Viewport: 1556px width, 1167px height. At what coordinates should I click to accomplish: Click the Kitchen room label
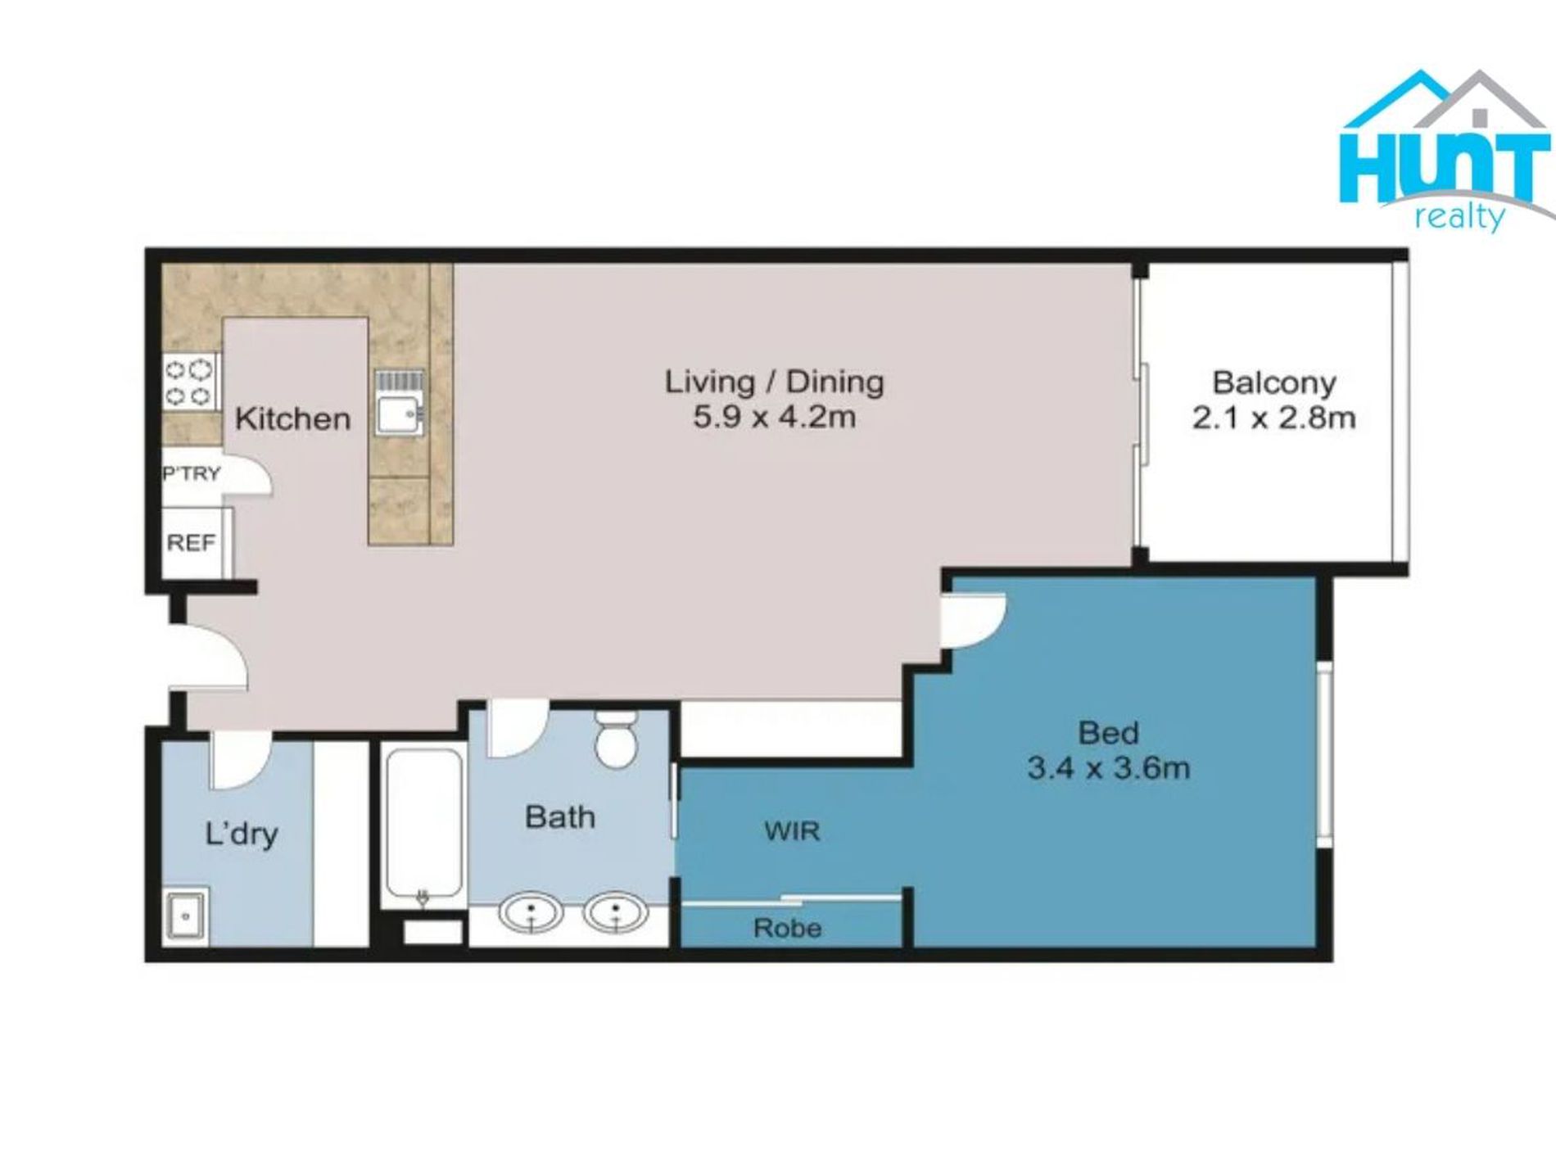[292, 418]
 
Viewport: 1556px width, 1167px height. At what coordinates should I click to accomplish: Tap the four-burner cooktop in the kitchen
[191, 382]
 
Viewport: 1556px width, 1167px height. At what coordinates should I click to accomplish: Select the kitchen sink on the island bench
[400, 402]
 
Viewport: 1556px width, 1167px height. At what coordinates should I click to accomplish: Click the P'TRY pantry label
[192, 473]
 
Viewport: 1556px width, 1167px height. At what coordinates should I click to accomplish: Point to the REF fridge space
[191, 542]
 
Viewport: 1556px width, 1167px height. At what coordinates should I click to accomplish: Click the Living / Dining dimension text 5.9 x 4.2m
[775, 418]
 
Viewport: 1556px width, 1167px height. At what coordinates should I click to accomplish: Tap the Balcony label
[1273, 382]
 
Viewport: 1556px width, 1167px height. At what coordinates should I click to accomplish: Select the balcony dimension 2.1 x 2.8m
[1273, 418]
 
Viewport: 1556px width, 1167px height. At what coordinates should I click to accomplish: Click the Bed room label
[1108, 732]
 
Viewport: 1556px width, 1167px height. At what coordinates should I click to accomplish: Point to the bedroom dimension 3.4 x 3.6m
[1108, 768]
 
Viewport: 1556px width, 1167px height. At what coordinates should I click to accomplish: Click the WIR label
[792, 831]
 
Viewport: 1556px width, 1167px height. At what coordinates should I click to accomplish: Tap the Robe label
[788, 928]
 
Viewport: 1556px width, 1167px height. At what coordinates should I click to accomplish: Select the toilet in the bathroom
[616, 738]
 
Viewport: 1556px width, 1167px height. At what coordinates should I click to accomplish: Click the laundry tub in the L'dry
[186, 915]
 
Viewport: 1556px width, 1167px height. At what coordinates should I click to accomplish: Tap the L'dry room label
[241, 835]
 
